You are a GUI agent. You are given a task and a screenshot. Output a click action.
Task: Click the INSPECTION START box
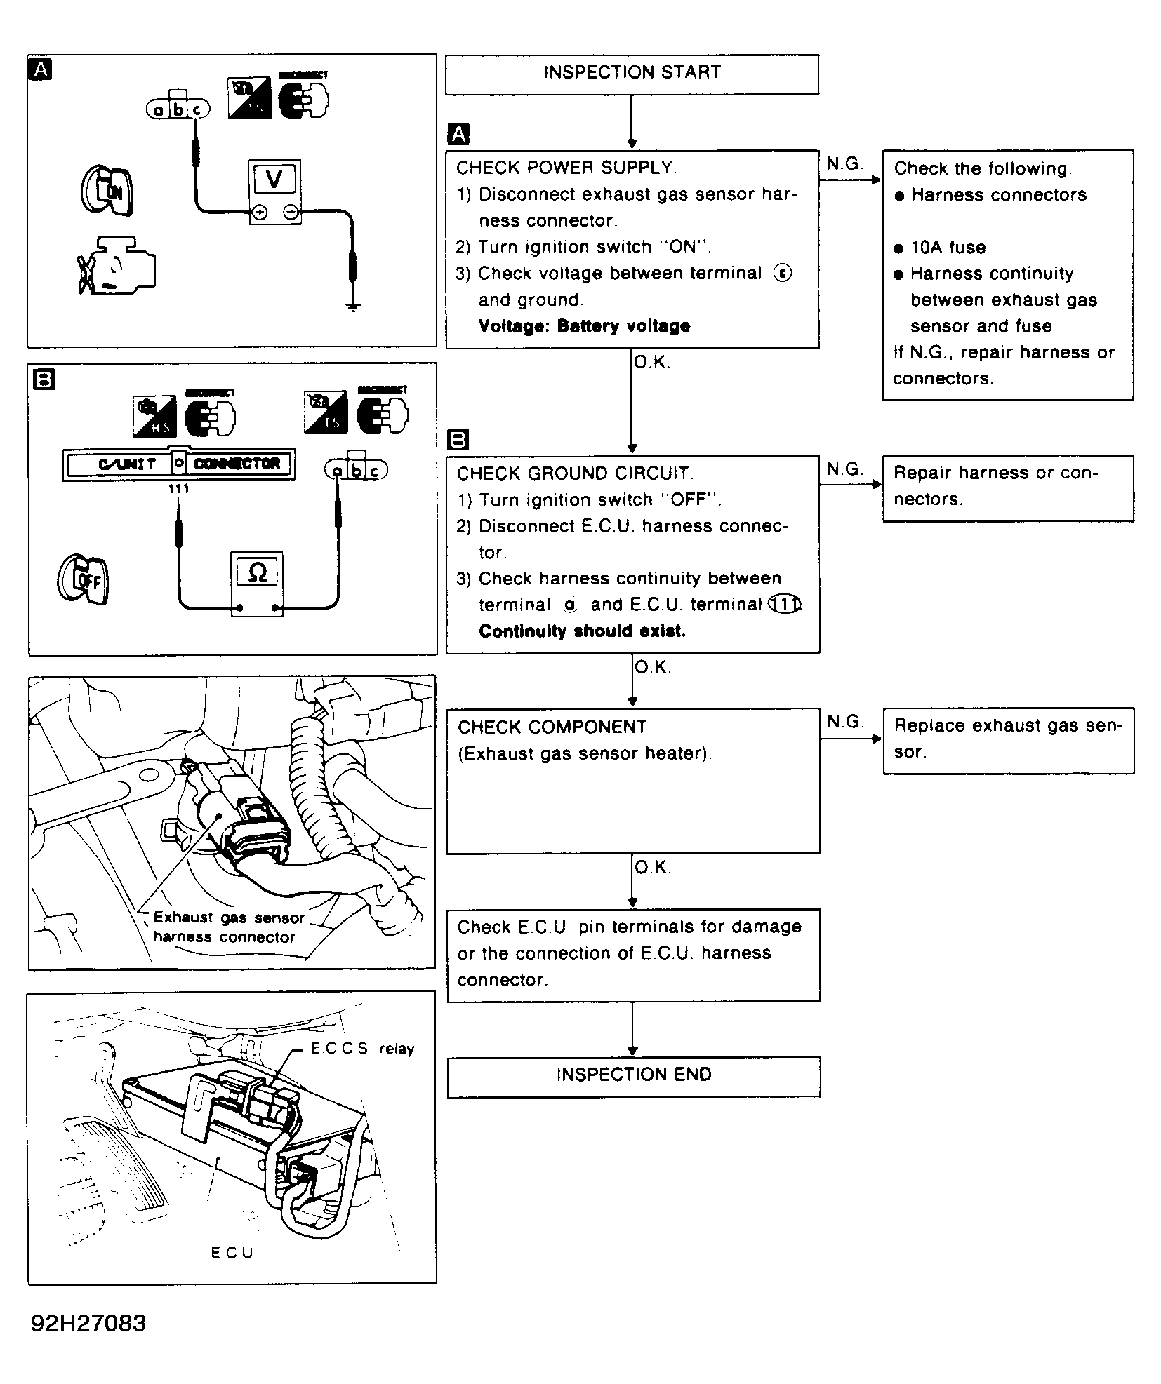(632, 74)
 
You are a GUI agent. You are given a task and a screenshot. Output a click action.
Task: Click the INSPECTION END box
(633, 1075)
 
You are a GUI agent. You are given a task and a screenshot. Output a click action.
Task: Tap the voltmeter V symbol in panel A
(274, 180)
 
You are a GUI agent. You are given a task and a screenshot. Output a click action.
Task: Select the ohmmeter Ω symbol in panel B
(257, 573)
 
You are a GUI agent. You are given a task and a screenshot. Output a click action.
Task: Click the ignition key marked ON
(107, 189)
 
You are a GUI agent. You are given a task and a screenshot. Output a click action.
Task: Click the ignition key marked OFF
(84, 579)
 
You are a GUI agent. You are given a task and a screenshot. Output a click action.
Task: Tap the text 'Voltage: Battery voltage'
(584, 326)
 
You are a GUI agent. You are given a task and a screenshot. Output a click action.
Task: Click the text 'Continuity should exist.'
(582, 631)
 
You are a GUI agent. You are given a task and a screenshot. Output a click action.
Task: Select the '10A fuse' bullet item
(948, 248)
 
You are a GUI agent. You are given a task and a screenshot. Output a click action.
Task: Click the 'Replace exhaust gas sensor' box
(1008, 740)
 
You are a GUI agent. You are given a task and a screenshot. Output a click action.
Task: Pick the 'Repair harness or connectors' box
(1008, 488)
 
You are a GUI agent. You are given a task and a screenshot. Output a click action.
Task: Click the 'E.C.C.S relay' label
(362, 1049)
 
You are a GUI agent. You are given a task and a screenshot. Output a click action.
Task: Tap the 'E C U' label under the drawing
(232, 1253)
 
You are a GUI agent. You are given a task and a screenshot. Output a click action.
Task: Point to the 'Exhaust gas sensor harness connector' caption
(228, 927)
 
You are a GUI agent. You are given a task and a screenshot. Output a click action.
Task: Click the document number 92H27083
(88, 1323)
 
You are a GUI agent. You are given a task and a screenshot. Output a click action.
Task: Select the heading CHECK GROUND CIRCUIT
(574, 474)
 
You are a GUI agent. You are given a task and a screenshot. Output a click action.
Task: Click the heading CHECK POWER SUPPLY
(565, 168)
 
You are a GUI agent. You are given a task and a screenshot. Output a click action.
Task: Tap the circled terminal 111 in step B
(784, 605)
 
